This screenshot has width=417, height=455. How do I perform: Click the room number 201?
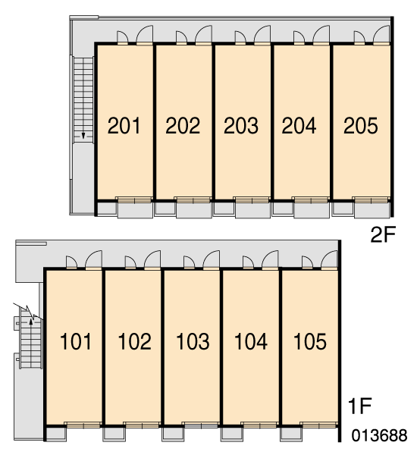(x=124, y=126)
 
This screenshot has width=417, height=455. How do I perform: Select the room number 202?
(x=183, y=126)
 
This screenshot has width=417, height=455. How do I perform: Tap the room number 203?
(x=241, y=126)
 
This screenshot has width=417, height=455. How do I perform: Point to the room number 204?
(x=299, y=126)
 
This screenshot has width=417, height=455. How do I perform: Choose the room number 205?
(x=361, y=126)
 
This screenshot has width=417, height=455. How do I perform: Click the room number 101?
(x=76, y=341)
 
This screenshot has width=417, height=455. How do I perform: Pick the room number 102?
(x=135, y=341)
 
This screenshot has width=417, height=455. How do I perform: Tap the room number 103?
(x=193, y=341)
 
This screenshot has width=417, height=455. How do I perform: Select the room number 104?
(x=251, y=341)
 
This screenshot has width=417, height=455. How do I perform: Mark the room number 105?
(x=310, y=341)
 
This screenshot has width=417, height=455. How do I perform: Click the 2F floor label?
(x=383, y=234)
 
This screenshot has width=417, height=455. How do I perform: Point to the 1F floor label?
(x=360, y=406)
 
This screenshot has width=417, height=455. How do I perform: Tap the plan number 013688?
(x=379, y=435)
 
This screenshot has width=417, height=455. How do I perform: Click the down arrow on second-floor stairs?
(x=83, y=136)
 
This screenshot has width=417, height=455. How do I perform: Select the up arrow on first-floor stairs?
(x=31, y=322)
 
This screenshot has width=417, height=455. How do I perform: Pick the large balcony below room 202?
(x=194, y=210)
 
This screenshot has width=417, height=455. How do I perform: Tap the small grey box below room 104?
(x=231, y=435)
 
